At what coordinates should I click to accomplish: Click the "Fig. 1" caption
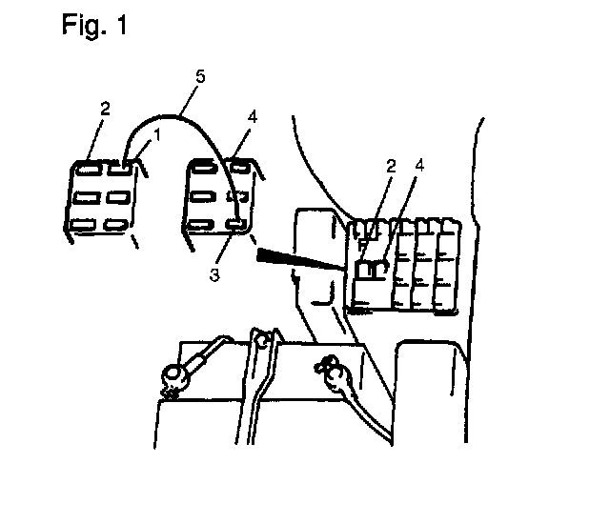94,26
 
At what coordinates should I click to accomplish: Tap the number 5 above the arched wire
200,76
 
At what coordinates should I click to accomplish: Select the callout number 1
157,135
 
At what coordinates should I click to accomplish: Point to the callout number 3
214,274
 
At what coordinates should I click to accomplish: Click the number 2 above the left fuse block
105,109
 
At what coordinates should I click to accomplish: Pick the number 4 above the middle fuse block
253,116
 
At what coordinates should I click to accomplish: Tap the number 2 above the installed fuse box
391,166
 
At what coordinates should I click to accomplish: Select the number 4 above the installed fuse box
419,165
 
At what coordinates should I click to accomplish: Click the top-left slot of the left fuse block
89,170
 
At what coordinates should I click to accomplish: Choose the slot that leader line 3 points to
237,224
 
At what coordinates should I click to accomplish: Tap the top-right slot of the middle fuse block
239,167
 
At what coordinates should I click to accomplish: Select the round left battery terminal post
172,375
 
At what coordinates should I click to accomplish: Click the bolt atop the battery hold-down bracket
263,341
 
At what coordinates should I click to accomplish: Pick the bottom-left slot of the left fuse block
83,224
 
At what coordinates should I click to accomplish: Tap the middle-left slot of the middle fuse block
202,196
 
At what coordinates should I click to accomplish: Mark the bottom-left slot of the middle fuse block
201,225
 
